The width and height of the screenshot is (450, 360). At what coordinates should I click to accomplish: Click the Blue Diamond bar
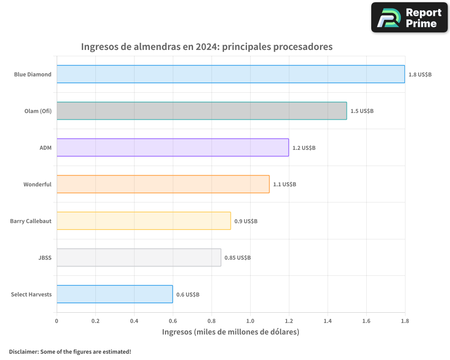point(230,74)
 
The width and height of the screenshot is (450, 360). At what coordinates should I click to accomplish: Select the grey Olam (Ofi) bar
point(202,111)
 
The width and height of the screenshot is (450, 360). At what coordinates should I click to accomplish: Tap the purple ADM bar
point(172,148)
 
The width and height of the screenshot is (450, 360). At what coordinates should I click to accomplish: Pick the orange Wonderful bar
point(163,184)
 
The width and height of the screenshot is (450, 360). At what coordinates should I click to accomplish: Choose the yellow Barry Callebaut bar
point(144,221)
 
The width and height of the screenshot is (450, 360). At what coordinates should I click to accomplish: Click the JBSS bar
point(139,257)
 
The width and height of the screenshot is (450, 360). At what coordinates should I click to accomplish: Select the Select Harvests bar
point(115,294)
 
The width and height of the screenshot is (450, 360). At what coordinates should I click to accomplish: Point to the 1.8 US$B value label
point(420,74)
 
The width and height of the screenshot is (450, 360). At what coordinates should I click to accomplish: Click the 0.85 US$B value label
point(238,258)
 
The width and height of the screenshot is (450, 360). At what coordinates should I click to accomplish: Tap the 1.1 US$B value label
point(284,184)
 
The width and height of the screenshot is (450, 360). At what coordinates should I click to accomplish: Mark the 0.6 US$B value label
point(188,295)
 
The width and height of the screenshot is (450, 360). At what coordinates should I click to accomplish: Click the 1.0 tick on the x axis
point(250,321)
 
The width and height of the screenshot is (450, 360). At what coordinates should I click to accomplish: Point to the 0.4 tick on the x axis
point(134,321)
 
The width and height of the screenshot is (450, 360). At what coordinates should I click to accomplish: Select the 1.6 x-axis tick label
point(366,321)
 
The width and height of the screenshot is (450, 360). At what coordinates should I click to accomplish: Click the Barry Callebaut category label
point(31,221)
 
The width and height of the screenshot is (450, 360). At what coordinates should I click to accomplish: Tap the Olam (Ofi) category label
point(38,111)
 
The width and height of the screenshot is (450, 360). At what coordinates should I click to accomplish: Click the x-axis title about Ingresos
point(230,332)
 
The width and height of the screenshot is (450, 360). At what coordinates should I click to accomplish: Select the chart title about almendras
point(207,47)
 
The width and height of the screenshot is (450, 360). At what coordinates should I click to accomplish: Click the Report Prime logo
point(409,18)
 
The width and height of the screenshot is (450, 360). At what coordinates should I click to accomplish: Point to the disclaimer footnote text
point(70,351)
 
